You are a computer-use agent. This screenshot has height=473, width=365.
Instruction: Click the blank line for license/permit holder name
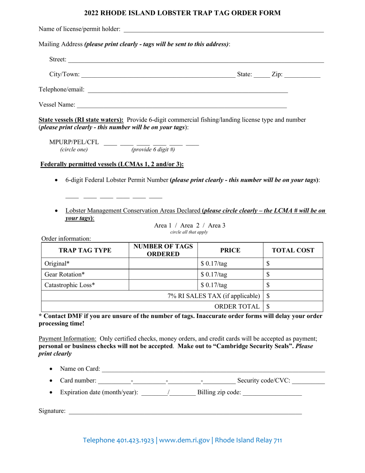pyautogui.click(x=223, y=30)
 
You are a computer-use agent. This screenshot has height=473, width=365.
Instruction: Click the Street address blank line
pyautogui.click(x=196, y=60)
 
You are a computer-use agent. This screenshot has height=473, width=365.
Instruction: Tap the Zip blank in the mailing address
pyautogui.click(x=302, y=75)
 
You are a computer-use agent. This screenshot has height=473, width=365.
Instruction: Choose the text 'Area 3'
pyautogui.click(x=217, y=226)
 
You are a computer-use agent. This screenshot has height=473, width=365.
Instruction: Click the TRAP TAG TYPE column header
pyautogui.click(x=85, y=250)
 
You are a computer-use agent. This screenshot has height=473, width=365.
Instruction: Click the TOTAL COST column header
pyautogui.click(x=293, y=250)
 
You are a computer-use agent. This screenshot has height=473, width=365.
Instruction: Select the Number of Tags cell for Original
pyautogui.click(x=163, y=264)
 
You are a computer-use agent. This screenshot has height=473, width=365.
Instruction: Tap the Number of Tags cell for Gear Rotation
pyautogui.click(x=163, y=275)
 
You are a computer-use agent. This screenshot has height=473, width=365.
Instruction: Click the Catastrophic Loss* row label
pyautogui.click(x=70, y=285)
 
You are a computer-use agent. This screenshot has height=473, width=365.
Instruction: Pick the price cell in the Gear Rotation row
pyautogui.click(x=230, y=275)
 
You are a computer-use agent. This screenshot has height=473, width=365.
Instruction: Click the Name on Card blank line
pyautogui.click(x=213, y=370)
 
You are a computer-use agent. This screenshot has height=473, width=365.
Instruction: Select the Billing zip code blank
pyautogui.click(x=272, y=393)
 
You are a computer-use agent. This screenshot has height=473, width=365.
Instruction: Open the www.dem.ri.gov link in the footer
pyautogui.click(x=184, y=440)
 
